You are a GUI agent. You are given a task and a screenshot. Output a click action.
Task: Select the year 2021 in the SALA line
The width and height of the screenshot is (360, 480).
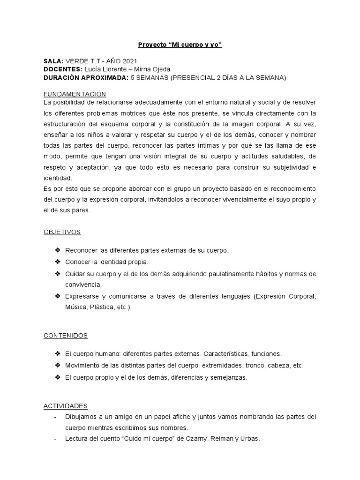point(128,61)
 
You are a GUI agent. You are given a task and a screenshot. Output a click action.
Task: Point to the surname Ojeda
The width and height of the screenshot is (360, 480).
point(159,69)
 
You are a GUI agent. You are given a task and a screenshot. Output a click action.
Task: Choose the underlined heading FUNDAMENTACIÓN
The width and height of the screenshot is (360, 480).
point(75,93)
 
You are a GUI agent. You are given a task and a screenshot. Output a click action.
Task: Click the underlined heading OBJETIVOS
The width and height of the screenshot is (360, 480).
point(62,232)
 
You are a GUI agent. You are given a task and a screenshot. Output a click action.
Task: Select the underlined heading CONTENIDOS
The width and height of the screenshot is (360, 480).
point(66,336)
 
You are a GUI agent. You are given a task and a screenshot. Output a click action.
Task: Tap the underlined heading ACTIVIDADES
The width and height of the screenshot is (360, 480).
point(66,406)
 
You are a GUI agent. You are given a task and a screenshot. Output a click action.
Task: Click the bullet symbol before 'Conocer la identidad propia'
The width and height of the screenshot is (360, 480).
point(58,262)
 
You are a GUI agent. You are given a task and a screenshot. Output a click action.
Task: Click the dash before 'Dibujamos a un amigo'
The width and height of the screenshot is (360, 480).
point(56,417)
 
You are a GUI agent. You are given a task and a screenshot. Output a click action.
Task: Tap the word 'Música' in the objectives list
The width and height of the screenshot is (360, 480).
point(75,307)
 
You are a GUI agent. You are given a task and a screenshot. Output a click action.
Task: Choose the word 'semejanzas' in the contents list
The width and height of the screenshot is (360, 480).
point(230,377)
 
